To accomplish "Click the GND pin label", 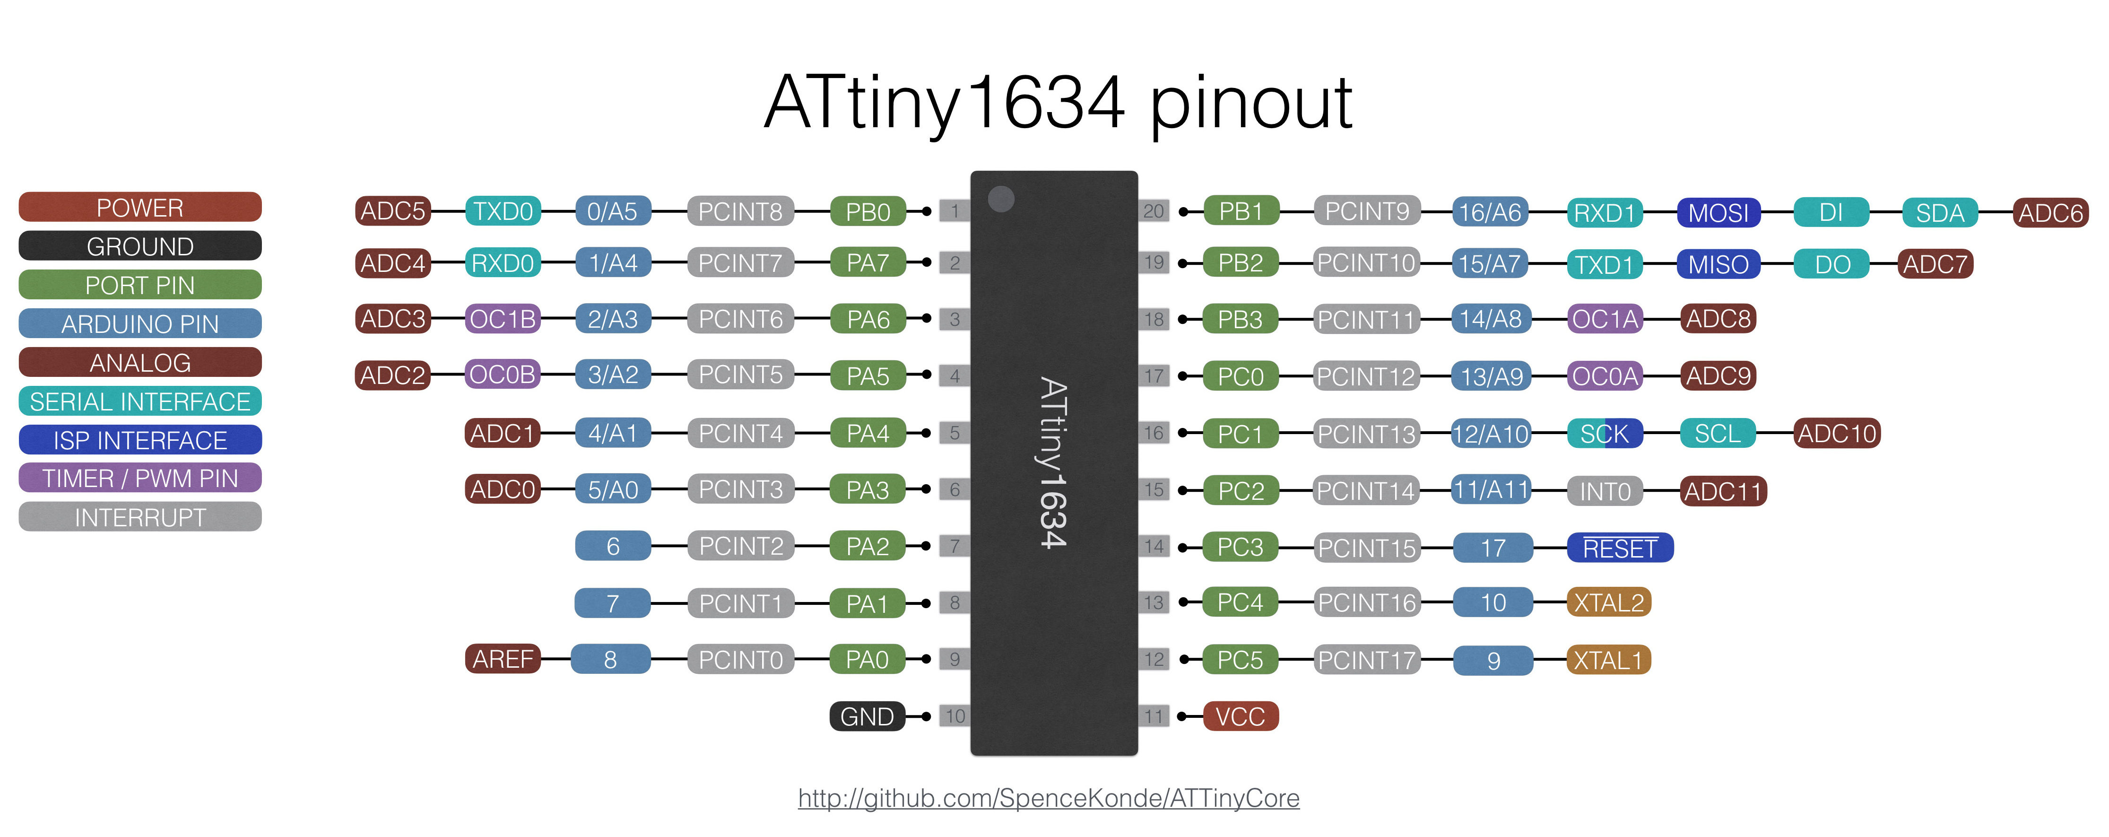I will pos(867,716).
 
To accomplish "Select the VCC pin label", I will pos(1241,716).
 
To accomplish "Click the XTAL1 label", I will pos(1608,660).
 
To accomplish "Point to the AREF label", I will pos(503,659).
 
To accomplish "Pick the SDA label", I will pos(1940,213).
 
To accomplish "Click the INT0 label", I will pos(1605,491).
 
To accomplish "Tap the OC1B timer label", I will pos(503,319).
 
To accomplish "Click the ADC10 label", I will pos(1836,433).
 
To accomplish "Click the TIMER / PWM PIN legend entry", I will pos(140,478).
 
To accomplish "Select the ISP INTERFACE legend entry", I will pos(140,440).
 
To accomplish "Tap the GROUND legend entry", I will pos(140,246).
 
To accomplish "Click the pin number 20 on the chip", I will pos(1154,211).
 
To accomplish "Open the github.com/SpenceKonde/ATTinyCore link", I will pos(1049,798).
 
